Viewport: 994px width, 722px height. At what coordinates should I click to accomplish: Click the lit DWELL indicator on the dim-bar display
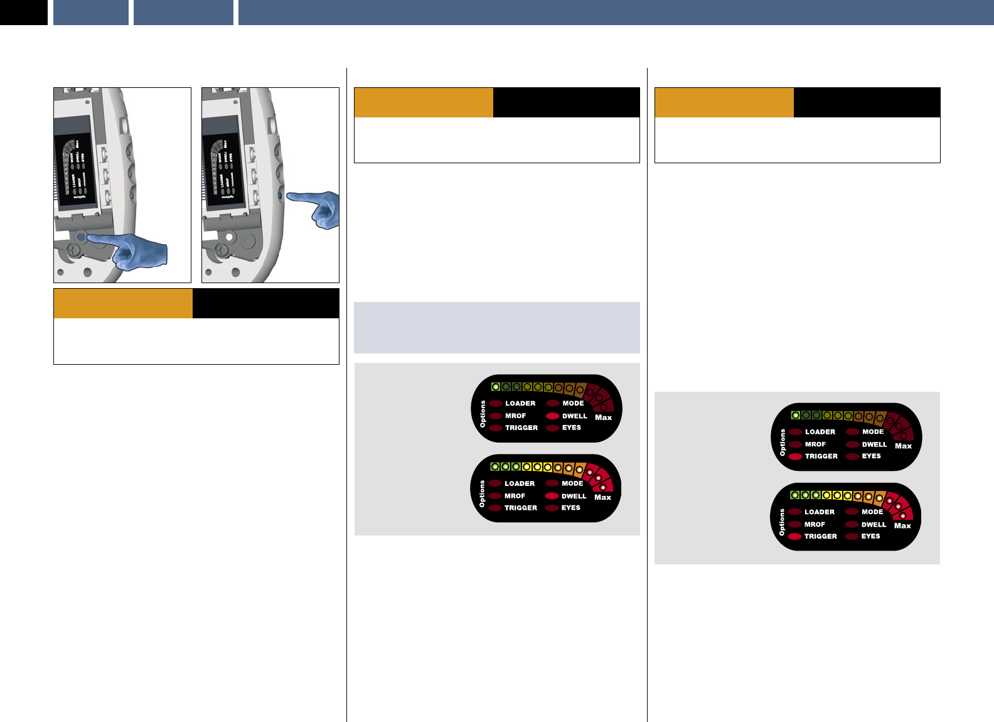point(552,416)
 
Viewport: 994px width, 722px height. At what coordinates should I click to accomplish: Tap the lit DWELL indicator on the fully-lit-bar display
point(552,496)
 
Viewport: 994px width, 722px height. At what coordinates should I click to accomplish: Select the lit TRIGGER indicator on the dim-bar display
point(796,456)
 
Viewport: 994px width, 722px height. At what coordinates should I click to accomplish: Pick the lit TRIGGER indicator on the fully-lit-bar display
point(795,537)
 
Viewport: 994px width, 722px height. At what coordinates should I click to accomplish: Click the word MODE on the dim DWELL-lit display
point(573,404)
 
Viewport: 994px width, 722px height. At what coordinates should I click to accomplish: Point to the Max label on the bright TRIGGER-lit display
point(902,526)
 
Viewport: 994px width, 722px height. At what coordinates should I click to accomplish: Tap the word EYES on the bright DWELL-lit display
point(570,508)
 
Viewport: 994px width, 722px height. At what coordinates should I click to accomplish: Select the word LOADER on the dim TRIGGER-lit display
point(820,432)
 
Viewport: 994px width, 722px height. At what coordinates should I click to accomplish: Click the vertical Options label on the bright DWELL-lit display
point(482,494)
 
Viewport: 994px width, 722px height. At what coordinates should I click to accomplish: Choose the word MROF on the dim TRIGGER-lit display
point(815,445)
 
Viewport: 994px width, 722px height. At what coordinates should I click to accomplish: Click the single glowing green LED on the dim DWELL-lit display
point(495,387)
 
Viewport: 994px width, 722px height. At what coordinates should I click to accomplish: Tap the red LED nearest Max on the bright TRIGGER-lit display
point(903,515)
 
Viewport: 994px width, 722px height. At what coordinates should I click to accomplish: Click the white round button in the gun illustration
point(229,237)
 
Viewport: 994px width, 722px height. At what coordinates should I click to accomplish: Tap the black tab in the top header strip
point(24,13)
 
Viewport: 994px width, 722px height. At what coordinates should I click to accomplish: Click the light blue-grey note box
point(496,327)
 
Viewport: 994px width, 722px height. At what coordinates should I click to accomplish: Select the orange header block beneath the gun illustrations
point(123,304)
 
